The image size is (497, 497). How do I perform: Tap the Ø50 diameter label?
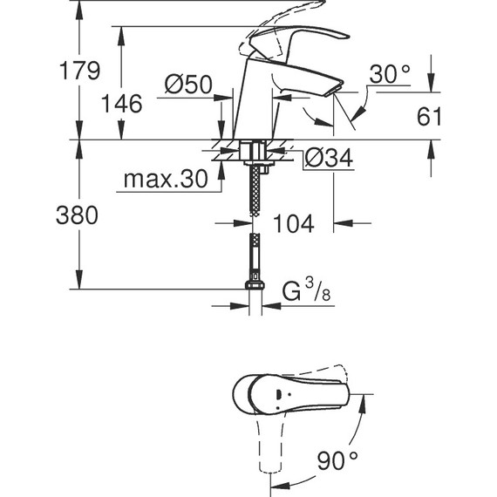point(188,85)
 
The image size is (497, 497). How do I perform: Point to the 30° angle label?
point(389,75)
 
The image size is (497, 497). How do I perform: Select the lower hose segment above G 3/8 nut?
point(255,257)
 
